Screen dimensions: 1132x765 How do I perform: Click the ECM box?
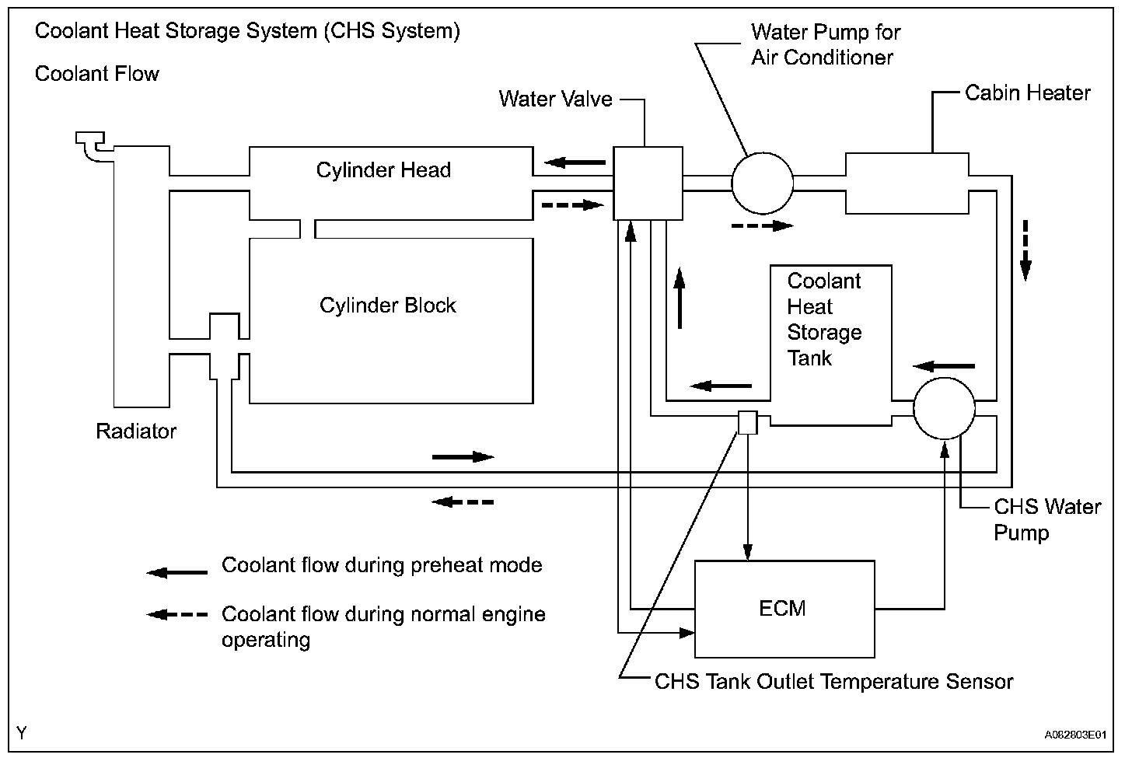tap(784, 609)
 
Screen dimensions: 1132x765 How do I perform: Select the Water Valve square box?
tap(648, 183)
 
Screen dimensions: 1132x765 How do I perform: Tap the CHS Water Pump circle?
tap(944, 408)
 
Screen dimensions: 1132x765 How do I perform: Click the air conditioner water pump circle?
tap(763, 183)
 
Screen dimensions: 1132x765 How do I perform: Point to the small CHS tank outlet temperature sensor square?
tap(748, 422)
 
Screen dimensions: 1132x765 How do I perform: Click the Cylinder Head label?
tap(383, 169)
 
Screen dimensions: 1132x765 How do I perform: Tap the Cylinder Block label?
tap(388, 306)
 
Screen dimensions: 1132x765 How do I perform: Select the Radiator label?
tap(136, 431)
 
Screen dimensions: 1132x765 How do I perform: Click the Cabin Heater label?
tap(1027, 93)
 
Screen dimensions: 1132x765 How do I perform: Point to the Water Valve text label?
tap(555, 99)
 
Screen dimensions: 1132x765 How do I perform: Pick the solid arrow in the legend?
tap(177, 572)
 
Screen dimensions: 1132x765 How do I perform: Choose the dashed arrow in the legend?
tap(177, 614)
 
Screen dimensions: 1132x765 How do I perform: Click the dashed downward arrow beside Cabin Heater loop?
tap(1025, 250)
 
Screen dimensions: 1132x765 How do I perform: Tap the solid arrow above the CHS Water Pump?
tap(944, 366)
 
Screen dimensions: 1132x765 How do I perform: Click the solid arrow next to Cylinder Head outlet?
tap(575, 162)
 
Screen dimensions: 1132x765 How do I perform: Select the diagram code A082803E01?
tap(1075, 734)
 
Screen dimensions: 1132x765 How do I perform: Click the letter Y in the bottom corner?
tap(21, 732)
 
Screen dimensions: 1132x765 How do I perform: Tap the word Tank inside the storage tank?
tap(809, 358)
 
